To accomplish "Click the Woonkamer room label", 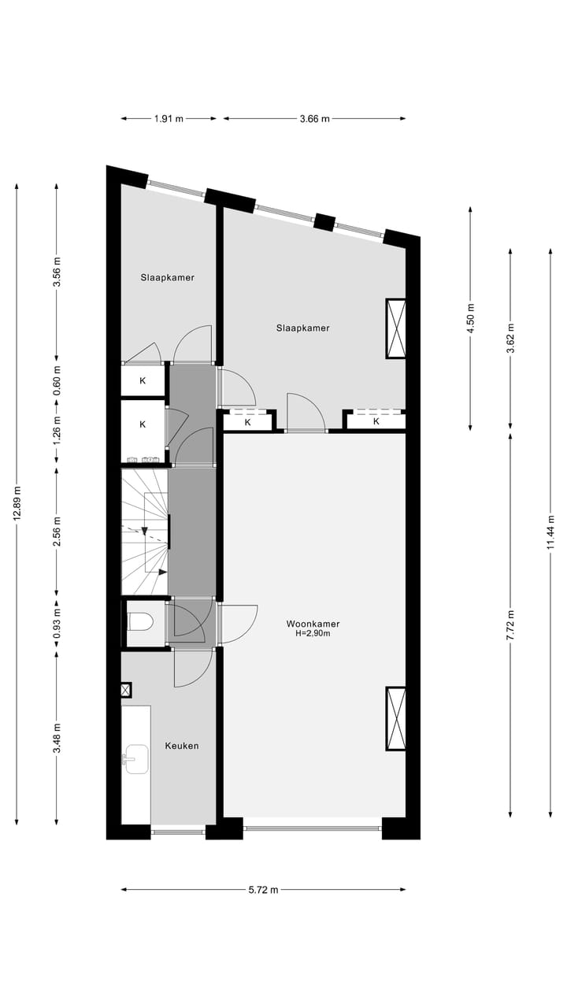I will (313, 624).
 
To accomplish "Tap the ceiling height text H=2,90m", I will (313, 633).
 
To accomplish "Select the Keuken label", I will (182, 745).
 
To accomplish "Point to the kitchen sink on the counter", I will (135, 759).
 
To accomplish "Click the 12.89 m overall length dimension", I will (17, 504).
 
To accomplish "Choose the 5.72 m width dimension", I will (263, 890).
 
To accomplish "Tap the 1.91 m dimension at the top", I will (168, 119).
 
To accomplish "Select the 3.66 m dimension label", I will (314, 119).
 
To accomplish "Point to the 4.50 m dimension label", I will (471, 319).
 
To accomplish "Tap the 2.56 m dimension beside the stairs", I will (57, 532).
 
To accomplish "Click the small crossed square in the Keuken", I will (126, 691).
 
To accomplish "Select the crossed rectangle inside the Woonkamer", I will (395, 718).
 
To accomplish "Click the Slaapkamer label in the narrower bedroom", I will (168, 277).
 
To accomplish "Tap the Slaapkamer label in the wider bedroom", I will (302, 328).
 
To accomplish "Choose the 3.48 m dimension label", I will (57, 738).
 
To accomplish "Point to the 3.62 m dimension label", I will (511, 339).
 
